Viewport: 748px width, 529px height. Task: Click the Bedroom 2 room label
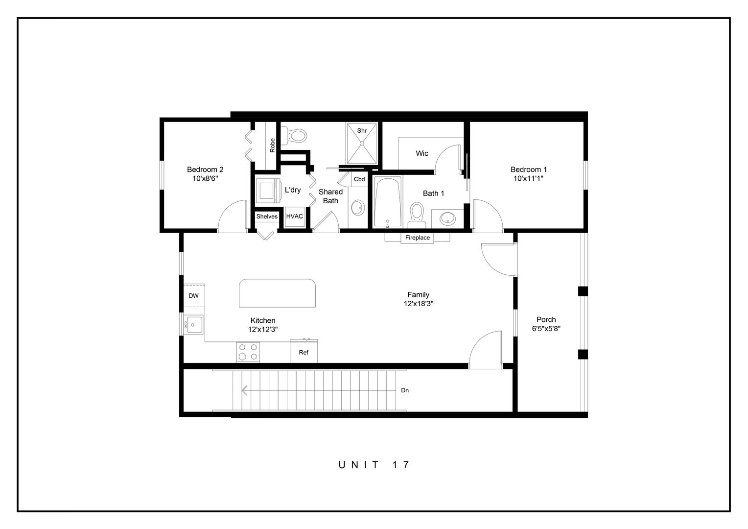pos(205,169)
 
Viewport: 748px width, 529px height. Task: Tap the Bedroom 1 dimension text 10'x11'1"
pos(528,179)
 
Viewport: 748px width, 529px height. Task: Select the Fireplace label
pos(418,238)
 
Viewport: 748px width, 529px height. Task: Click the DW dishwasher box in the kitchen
pos(194,295)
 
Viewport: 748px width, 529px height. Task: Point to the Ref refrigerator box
pos(304,352)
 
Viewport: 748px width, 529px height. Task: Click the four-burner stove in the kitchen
pos(248,352)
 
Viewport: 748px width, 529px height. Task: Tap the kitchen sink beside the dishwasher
pos(194,324)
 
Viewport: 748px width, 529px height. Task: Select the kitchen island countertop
pos(277,293)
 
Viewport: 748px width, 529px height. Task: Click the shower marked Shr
pos(362,143)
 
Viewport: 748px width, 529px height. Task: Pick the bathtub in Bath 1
pos(388,202)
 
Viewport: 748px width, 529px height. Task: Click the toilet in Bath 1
pos(417,214)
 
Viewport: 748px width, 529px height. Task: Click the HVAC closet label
pos(295,216)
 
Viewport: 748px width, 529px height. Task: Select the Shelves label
pos(267,216)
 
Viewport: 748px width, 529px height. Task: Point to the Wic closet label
pos(422,153)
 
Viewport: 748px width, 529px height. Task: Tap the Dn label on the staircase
pos(405,390)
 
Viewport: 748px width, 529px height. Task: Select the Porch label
pos(546,320)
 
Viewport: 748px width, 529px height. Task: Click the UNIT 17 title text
pos(374,465)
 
